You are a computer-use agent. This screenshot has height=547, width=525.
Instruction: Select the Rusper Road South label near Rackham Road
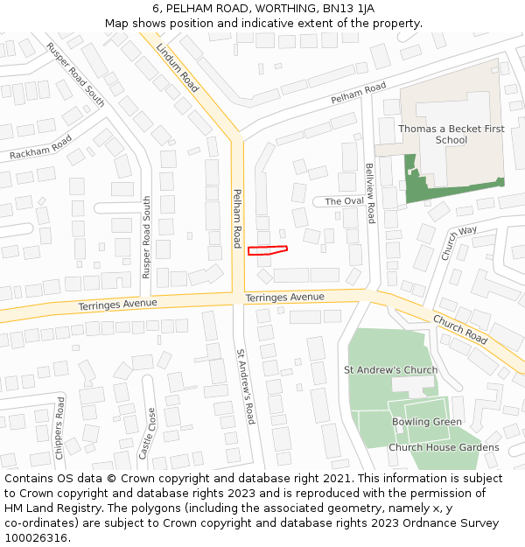click(x=76, y=76)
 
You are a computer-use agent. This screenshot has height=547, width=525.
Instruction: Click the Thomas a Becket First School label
click(x=451, y=134)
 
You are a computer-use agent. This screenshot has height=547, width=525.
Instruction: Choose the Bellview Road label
click(x=370, y=193)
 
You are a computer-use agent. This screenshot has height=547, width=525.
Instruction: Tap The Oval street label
click(x=344, y=201)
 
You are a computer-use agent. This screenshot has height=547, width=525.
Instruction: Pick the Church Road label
click(x=459, y=328)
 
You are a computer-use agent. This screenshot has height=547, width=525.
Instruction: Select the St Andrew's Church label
click(x=390, y=369)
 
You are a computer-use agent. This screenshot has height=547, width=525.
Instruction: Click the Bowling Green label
click(x=426, y=422)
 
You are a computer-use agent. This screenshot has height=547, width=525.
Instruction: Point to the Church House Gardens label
click(x=444, y=447)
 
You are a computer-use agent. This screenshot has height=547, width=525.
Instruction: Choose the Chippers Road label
click(x=59, y=428)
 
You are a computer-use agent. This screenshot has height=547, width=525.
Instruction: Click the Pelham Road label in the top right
click(x=358, y=94)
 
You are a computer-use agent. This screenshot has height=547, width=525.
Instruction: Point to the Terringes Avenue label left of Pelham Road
click(x=117, y=304)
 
